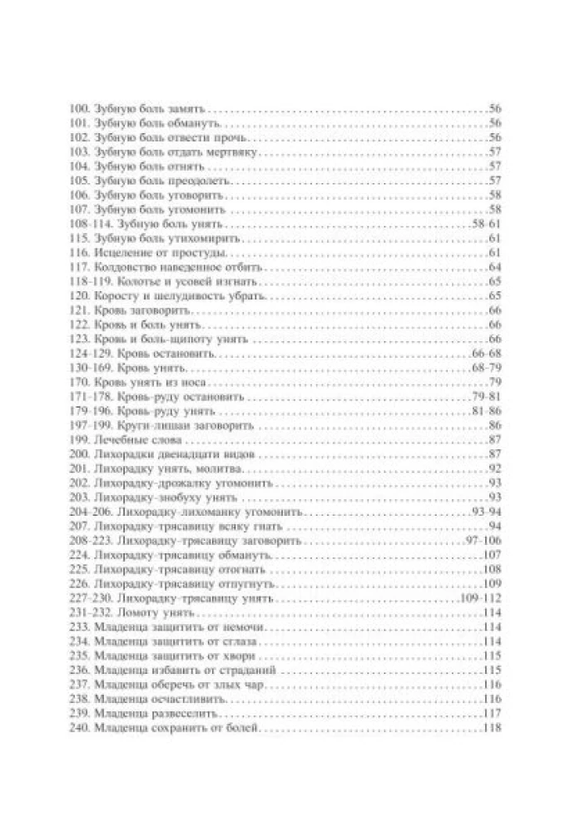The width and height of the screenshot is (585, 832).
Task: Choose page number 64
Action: click(493, 267)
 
